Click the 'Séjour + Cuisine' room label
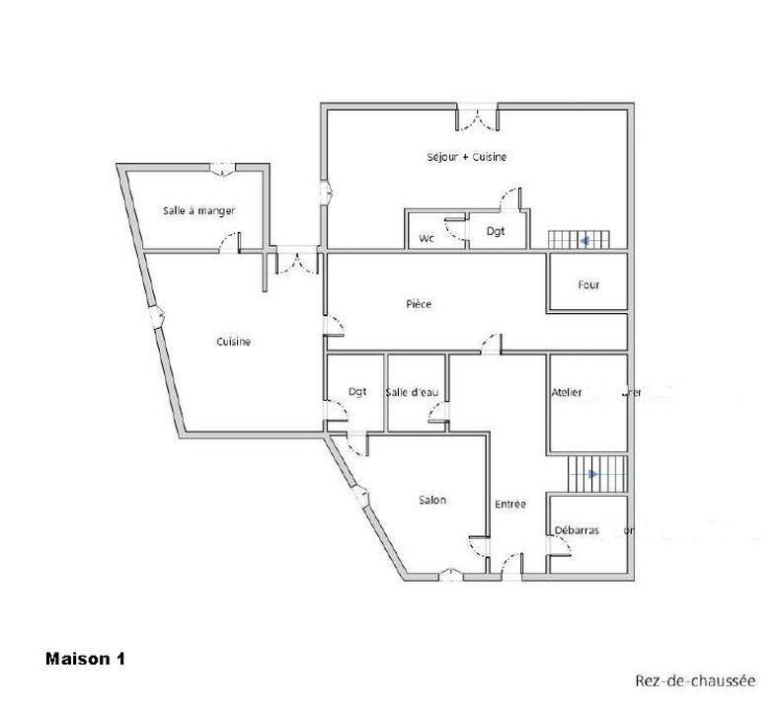coord(466,157)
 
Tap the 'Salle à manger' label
coord(198,210)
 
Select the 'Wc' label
coord(427,238)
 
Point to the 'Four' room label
coord(588,285)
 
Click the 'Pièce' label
coord(419,304)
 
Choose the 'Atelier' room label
coord(567,392)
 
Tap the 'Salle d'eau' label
coord(412,392)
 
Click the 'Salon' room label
coord(431,500)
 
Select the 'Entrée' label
coord(510,505)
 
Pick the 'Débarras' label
coord(577,530)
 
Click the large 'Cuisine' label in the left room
coord(234,342)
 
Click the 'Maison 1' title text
coord(85,658)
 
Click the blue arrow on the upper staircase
coord(586,239)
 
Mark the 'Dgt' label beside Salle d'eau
coord(357,392)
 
